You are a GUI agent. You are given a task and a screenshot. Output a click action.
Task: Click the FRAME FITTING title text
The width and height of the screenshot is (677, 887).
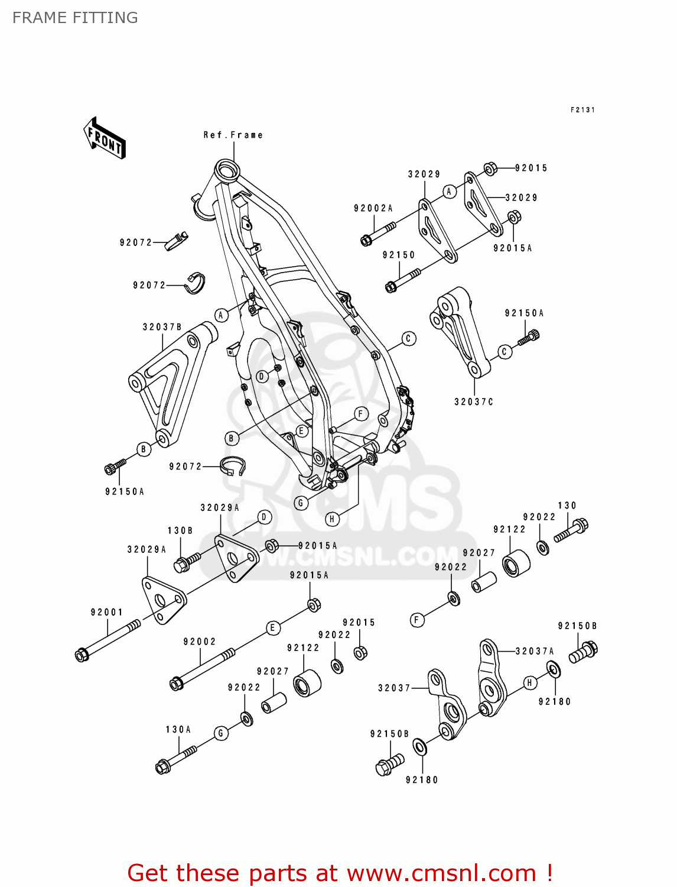pos(75,18)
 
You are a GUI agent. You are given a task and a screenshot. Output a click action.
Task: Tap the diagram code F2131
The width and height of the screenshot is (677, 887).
pos(582,110)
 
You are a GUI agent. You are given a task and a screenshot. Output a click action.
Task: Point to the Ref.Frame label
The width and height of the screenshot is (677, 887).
pos(233,135)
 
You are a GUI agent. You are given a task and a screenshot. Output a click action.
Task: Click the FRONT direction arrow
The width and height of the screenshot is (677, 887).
pos(105,138)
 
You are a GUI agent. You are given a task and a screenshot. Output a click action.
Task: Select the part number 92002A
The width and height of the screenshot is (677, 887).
pos(373,208)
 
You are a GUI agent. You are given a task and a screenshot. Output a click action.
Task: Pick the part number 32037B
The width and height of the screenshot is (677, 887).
pos(162,327)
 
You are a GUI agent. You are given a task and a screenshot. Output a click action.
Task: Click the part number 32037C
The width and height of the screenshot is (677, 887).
pos(473,402)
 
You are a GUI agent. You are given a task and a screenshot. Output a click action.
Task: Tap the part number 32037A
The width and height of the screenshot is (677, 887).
pos(535,651)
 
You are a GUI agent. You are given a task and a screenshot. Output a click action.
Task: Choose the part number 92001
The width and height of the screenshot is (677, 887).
pos(106,613)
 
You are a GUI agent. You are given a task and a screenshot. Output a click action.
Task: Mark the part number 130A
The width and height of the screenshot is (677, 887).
pos(178,730)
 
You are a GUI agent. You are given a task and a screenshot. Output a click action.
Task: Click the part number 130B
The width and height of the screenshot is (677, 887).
pos(180,531)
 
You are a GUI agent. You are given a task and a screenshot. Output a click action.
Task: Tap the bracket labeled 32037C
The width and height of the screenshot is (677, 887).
pos(461,331)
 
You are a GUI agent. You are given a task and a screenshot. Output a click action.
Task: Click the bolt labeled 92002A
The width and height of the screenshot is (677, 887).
pos(377,233)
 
